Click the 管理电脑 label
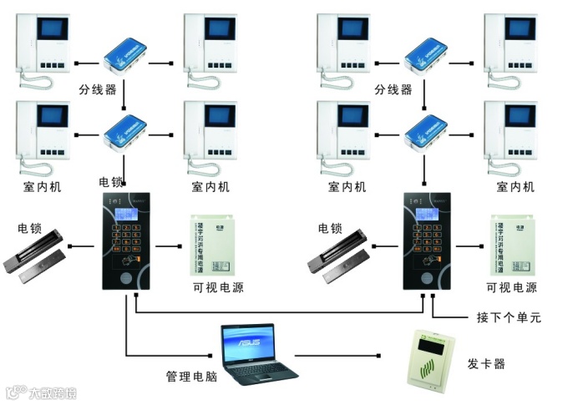coord(192,377)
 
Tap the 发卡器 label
coord(485,364)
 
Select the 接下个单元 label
coord(508,317)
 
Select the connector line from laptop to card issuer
coord(342,356)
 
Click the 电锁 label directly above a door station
coord(111,181)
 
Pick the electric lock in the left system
coord(36,256)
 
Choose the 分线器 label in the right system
coord(393,90)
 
